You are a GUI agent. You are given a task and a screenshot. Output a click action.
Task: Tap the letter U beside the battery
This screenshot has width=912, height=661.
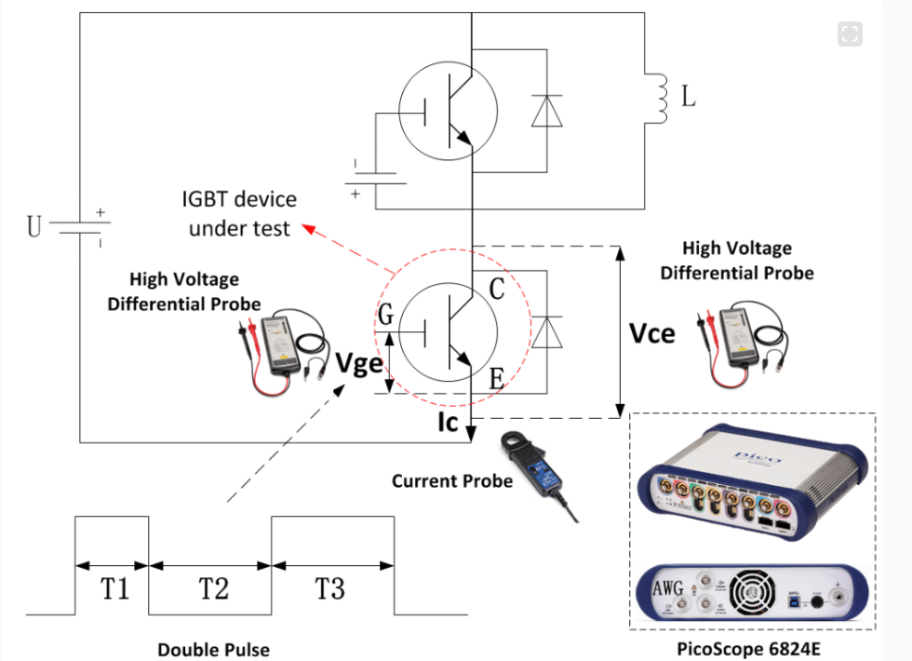(34, 226)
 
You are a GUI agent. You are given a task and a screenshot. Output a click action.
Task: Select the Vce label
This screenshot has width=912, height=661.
(652, 332)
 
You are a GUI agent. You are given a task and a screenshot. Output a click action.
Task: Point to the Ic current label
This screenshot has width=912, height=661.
(449, 423)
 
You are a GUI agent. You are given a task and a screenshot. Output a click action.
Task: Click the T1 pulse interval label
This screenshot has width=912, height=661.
(114, 588)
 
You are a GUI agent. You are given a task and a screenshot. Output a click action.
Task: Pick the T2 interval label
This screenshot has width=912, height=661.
(213, 588)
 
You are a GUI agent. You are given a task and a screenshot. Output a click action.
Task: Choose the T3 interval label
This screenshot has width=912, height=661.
(330, 588)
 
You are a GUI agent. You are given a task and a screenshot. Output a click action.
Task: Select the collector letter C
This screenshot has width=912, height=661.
(497, 290)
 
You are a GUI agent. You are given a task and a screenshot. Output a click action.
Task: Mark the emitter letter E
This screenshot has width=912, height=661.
(497, 377)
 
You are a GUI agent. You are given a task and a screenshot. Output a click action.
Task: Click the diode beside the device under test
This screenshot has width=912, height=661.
(546, 331)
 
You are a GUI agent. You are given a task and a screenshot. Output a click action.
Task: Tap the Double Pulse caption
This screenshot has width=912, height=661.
(213, 649)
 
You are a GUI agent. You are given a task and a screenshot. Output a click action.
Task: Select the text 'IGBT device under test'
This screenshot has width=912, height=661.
(239, 212)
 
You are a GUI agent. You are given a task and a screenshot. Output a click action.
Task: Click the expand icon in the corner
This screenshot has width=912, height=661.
(849, 34)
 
